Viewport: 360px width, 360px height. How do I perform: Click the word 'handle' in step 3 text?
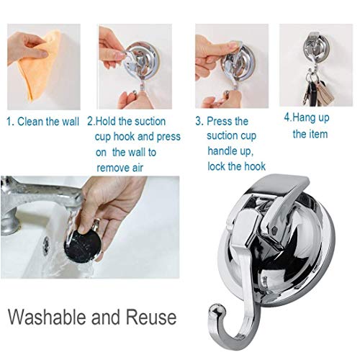(x=224, y=152)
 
